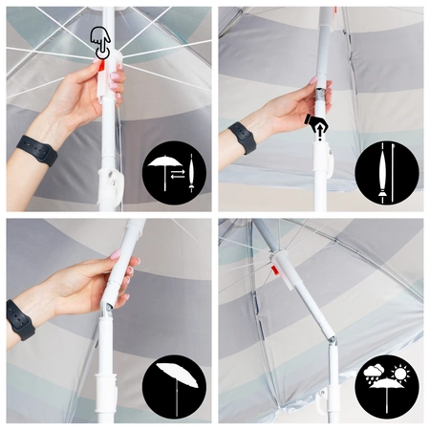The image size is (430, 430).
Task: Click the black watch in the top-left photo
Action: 35,150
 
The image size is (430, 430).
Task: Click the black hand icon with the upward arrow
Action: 315,124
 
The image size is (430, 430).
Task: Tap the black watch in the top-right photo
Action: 241,137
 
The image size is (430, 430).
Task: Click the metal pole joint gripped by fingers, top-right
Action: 322,96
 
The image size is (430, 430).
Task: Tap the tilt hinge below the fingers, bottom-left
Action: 118,304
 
